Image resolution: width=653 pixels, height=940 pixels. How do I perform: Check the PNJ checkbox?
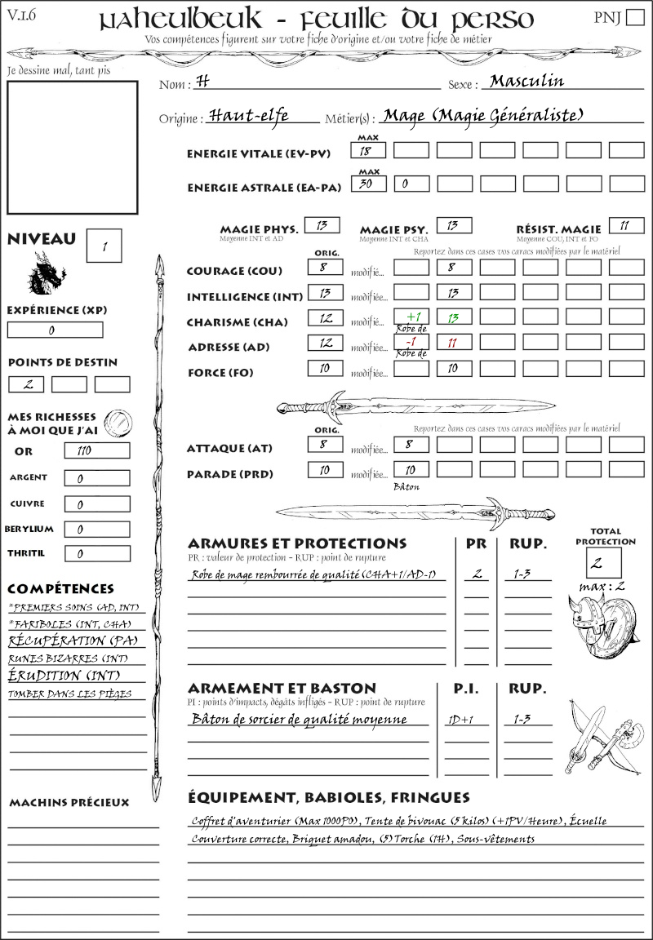pyautogui.click(x=633, y=18)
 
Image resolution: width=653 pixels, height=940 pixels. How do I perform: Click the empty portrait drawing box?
pyautogui.click(x=72, y=147)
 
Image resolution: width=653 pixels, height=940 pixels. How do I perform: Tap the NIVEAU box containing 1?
pyautogui.click(x=105, y=244)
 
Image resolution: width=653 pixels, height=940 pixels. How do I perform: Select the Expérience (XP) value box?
pyautogui.click(x=55, y=330)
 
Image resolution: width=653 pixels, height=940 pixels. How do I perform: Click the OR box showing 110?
pyautogui.click(x=96, y=450)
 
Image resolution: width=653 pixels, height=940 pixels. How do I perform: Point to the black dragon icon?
pyautogui.click(x=47, y=273)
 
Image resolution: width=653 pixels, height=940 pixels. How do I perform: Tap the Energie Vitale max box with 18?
pyautogui.click(x=368, y=151)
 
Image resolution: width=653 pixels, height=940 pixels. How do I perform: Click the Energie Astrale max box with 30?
pyautogui.click(x=368, y=184)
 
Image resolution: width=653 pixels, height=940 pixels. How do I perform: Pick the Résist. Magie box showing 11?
pyautogui.click(x=625, y=226)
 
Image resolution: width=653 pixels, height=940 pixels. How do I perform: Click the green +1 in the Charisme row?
pyautogui.click(x=411, y=317)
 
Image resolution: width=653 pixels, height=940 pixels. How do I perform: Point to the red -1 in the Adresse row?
pyautogui.click(x=411, y=343)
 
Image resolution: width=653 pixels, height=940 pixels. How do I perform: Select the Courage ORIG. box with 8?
pyautogui.click(x=324, y=267)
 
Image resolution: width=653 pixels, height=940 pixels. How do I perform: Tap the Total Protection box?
pyautogui.click(x=604, y=562)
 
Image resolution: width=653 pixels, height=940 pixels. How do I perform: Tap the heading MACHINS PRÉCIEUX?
pyautogui.click(x=69, y=803)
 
